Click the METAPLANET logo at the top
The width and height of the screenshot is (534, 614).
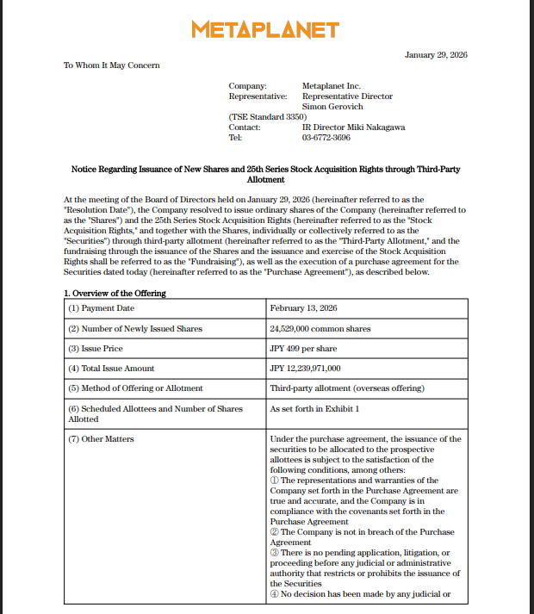click(x=265, y=30)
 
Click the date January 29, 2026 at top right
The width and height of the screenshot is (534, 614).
click(x=436, y=55)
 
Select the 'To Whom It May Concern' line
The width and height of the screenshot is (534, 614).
click(x=112, y=65)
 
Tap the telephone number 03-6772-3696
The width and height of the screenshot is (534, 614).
click(x=326, y=137)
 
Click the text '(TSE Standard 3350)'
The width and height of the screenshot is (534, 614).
click(x=267, y=116)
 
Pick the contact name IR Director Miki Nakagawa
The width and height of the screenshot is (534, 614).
click(x=353, y=127)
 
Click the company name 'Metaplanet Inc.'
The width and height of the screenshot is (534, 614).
click(x=332, y=86)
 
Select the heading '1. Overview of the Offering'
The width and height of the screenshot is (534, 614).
click(x=115, y=293)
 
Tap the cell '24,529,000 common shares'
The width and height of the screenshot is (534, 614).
click(x=320, y=329)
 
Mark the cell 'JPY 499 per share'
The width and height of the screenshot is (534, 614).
click(x=303, y=349)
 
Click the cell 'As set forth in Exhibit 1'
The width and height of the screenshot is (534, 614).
click(x=314, y=408)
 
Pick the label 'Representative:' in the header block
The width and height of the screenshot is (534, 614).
click(x=258, y=96)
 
